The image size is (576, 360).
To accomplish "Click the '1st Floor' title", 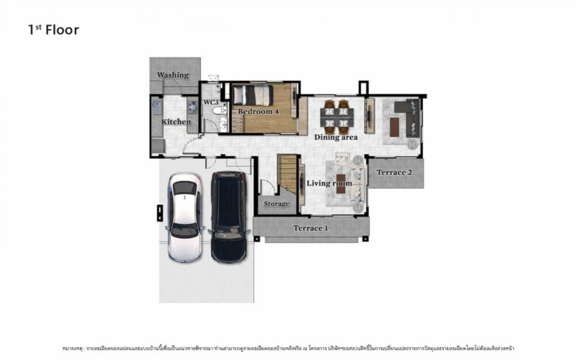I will click(x=53, y=30).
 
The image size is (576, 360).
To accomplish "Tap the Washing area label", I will click(x=173, y=75).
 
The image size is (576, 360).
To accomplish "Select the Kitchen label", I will click(x=176, y=122).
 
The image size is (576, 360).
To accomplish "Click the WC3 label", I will click(x=211, y=102).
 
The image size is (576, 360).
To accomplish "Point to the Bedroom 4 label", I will click(x=258, y=111).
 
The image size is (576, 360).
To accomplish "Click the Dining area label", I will click(x=336, y=137).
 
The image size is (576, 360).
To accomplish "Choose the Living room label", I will click(x=329, y=183).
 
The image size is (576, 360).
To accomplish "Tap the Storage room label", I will click(x=276, y=204).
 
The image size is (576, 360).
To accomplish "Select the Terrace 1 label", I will click(x=311, y=228).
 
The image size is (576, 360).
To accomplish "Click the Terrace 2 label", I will click(x=394, y=172).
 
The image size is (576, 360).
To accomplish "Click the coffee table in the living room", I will click(x=341, y=183).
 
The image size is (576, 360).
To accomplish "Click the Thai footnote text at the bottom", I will click(x=288, y=348).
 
